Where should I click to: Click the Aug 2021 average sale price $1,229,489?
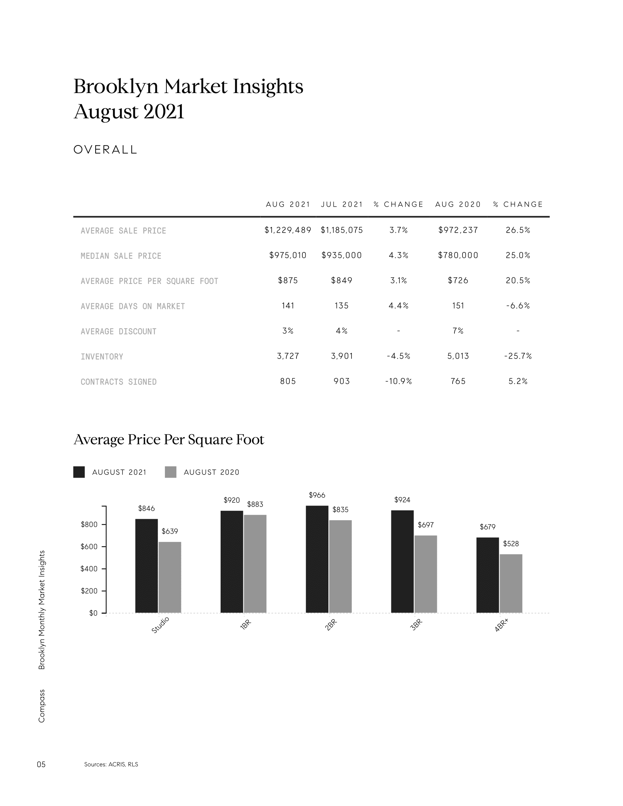coord(288,230)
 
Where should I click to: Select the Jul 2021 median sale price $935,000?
coord(342,255)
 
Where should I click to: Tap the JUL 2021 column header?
coord(342,204)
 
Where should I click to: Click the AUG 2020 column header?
coord(458,204)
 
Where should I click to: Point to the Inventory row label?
coord(102,356)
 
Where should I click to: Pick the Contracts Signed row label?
coord(118,382)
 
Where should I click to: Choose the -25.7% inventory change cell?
coord(518,356)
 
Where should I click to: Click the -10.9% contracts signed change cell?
coord(398,381)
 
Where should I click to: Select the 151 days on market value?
coord(458,306)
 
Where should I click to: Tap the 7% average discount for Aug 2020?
coord(458,331)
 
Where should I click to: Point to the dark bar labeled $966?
coord(317,559)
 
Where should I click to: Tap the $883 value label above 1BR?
coord(255,504)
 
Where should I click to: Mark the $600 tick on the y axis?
coord(89,547)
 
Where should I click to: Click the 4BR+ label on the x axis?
coord(502,626)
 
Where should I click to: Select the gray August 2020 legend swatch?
coord(170,472)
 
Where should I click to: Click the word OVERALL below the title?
coord(105,149)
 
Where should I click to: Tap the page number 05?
coord(41,764)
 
